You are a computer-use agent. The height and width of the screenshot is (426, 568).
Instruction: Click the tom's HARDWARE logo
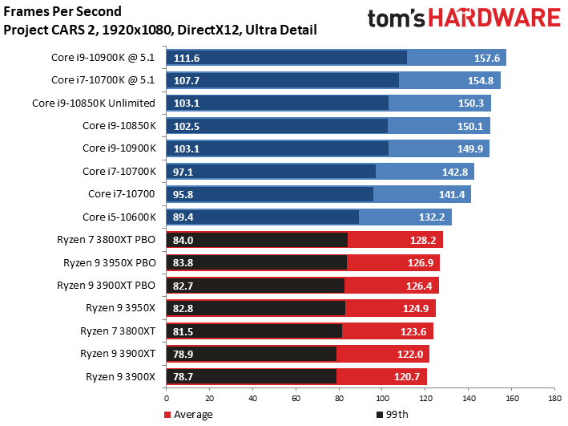[x=463, y=19]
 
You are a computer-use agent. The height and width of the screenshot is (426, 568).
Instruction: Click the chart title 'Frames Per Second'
[x=63, y=13]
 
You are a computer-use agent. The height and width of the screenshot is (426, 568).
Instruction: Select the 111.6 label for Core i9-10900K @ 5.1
[x=185, y=58]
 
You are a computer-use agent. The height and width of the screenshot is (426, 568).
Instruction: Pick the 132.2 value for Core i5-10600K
[x=433, y=217]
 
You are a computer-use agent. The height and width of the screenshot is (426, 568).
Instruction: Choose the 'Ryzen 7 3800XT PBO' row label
[x=107, y=239]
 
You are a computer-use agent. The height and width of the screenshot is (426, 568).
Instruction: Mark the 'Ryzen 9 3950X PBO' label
[x=107, y=262]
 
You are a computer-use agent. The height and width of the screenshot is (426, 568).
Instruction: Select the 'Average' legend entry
[x=189, y=415]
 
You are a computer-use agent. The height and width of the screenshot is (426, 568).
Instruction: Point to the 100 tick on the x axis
[x=381, y=398]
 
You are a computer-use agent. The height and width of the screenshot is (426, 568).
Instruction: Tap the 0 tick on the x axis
[x=167, y=398]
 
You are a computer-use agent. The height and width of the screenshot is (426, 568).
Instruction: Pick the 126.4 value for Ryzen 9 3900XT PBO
[x=420, y=286]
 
